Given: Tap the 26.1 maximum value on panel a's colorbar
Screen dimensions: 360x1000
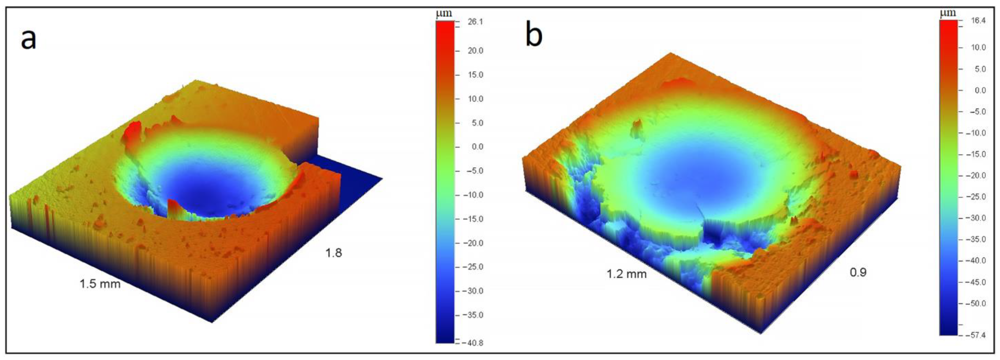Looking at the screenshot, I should pyautogui.click(x=476, y=22).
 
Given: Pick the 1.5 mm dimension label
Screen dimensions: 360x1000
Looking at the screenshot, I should pyautogui.click(x=100, y=284).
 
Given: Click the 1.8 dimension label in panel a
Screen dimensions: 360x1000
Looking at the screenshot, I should pyautogui.click(x=333, y=253).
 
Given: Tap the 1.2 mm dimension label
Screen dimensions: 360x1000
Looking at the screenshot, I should pyautogui.click(x=627, y=274).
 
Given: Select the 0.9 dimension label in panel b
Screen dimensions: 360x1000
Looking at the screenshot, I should pyautogui.click(x=858, y=272).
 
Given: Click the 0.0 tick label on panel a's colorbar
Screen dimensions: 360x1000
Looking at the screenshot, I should pyautogui.click(x=476, y=147).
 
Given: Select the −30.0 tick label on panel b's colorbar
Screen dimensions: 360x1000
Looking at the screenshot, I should pyautogui.click(x=976, y=218).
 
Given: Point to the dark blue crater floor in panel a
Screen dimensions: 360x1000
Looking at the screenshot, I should pyautogui.click(x=202, y=194).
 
